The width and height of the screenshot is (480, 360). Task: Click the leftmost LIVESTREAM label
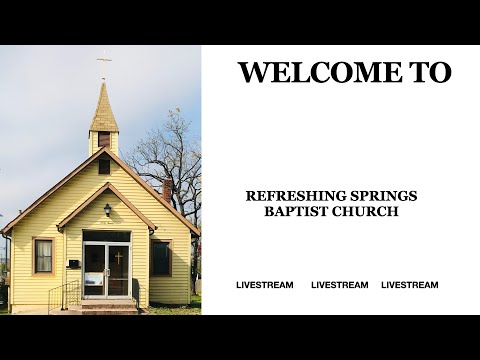coord(265,285)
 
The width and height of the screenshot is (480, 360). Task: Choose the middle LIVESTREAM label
coord(340,285)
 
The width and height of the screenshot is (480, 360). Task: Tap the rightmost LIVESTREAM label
coord(410,285)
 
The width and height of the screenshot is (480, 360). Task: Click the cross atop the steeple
coord(103,64)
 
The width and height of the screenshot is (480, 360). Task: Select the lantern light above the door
coord(107,210)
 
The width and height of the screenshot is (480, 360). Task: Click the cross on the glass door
coord(118,257)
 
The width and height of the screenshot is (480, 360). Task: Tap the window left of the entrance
coord(43,256)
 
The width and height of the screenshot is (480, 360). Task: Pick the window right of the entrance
coord(161,257)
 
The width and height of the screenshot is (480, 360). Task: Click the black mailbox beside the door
coord(73,263)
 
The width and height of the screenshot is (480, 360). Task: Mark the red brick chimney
coord(167,189)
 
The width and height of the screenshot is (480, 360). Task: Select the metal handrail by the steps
coord(62,294)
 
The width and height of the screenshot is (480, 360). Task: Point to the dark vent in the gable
coord(104,165)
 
